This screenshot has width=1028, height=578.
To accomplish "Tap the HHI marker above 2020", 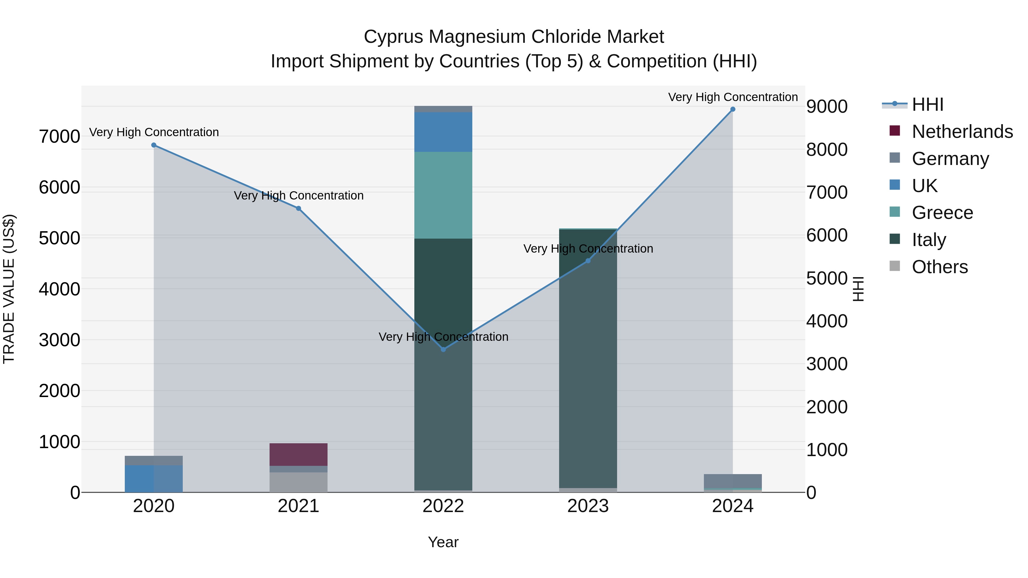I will click(154, 145).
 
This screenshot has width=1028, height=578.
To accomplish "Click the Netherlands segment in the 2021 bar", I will click(298, 454).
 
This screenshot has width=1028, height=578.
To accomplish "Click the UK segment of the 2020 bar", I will click(154, 478).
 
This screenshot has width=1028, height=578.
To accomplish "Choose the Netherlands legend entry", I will click(962, 132).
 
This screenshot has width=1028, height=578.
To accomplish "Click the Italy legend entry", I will click(929, 240).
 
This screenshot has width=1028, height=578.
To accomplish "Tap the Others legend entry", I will click(939, 267).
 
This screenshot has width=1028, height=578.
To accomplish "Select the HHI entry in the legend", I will click(927, 104).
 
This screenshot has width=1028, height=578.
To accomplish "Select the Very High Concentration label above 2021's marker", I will click(298, 196).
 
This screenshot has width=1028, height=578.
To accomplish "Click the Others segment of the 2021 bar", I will click(298, 482).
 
